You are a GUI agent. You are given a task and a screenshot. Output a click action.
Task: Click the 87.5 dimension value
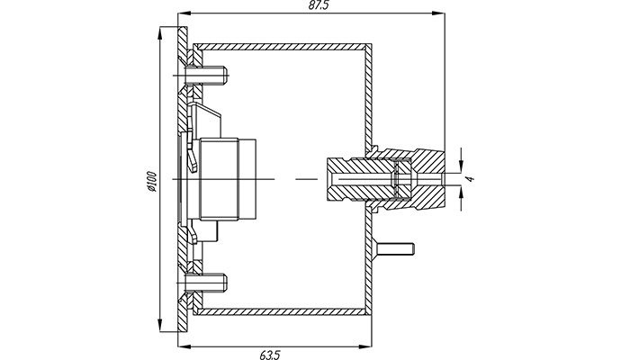tap(319, 5)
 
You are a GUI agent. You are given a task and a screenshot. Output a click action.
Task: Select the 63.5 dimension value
tap(270, 355)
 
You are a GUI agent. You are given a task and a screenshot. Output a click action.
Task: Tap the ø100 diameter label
tap(152, 182)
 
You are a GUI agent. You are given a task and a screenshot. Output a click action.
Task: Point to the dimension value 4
tap(470, 179)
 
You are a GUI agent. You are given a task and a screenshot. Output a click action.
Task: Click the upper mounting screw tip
tap(226, 73)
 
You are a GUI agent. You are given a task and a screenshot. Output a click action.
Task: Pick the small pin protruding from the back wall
tap(395, 248)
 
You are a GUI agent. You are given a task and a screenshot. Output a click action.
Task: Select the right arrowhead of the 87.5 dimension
tap(438, 13)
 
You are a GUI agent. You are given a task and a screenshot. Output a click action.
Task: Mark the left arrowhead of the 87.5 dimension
tap(185, 13)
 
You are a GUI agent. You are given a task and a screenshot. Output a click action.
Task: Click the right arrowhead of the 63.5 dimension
tap(364, 346)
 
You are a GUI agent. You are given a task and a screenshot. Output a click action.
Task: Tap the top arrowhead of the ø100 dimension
tap(160, 33)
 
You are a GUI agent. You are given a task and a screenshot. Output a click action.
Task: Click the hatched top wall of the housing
tap(282, 47)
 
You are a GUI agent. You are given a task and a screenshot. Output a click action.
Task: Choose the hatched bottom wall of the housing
tap(282, 311)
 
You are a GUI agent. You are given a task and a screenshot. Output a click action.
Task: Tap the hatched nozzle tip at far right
tap(428, 179)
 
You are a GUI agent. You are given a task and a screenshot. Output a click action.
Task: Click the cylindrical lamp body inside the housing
tap(228, 179)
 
